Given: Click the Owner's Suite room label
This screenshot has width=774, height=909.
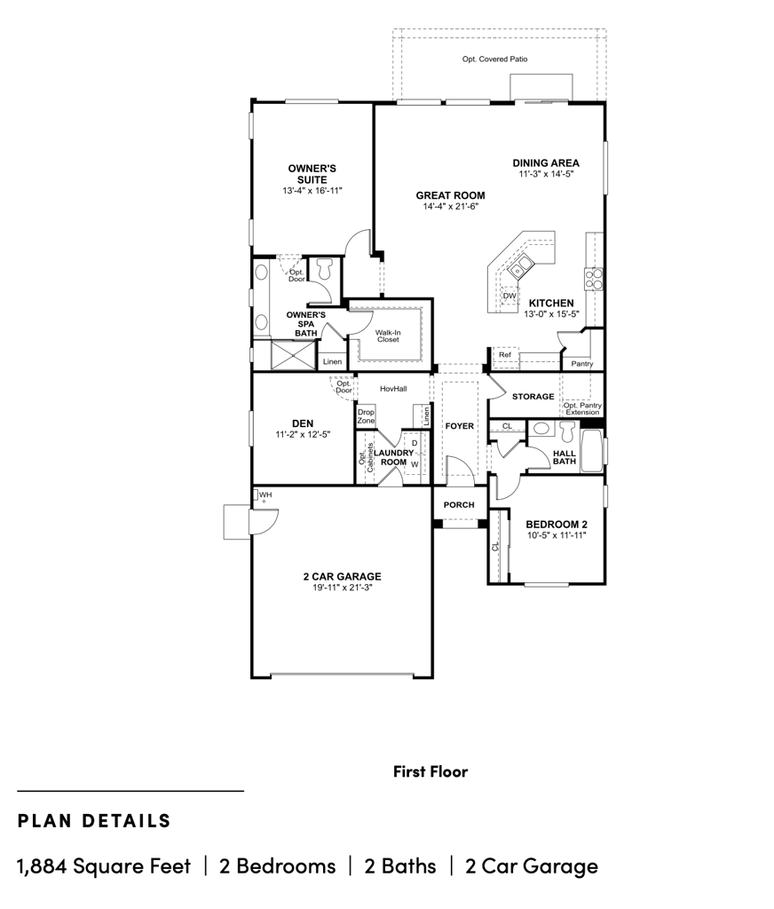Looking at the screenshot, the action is coord(312,174).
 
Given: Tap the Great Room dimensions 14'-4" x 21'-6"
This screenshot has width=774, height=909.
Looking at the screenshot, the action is coord(451,206).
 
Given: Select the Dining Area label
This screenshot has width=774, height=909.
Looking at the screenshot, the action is coord(546,163).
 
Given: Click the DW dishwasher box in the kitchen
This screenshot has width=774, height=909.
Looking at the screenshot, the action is coord(509,296).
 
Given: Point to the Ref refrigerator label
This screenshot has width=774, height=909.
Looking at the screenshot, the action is coord(505,355).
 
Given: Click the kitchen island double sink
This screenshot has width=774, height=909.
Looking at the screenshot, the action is coord(521,266).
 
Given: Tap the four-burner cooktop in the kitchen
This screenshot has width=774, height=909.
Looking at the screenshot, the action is coord(593,278).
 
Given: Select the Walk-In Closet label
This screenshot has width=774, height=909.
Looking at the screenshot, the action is coord(388,336).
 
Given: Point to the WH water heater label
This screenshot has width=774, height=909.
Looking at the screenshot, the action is coord(265,494).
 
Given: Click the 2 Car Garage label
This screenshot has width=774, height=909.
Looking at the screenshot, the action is coord(342,576).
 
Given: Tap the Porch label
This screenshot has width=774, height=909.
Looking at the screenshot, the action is coord(459,505).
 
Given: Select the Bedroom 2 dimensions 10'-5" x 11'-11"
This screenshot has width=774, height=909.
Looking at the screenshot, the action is coord(557,535).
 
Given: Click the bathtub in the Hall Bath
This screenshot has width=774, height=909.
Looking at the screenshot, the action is coord(592,450).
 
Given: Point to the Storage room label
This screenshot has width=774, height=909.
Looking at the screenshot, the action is coord(533,397).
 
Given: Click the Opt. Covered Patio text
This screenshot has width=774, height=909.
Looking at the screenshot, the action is coord(494,59).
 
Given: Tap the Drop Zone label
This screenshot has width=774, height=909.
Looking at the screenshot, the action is coord(366,416).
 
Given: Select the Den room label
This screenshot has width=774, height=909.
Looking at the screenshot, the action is coord(303,423).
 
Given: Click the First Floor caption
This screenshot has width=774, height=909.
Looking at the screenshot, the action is coord(430,771).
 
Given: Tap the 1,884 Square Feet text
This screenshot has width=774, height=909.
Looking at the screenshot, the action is coord(104,866).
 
